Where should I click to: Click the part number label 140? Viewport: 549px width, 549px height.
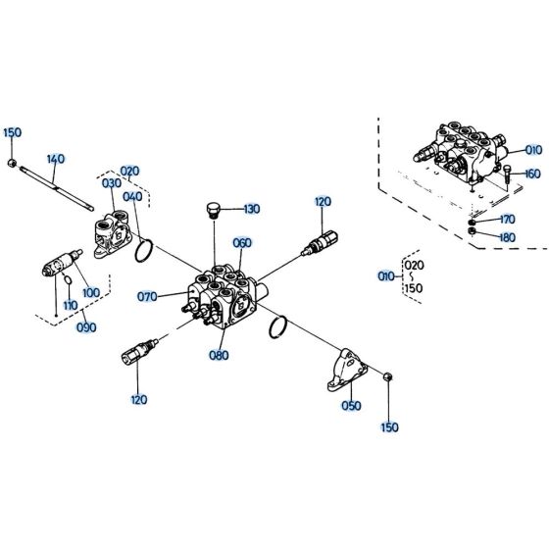coord(55,159)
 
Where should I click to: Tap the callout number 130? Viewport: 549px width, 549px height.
coord(251,209)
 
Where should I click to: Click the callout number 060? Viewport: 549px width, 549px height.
coord(242,243)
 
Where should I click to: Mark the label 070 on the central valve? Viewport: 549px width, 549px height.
coord(148,295)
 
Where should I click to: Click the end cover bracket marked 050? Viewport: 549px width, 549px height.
coord(347,369)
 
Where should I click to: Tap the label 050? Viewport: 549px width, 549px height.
coord(350,405)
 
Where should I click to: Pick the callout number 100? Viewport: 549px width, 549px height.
coord(91,292)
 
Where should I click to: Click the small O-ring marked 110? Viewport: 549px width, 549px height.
coord(66,284)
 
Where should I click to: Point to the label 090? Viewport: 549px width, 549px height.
coord(86,327)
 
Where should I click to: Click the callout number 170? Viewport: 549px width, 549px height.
coord(506,220)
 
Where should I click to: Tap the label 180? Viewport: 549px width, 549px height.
coord(506,236)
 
